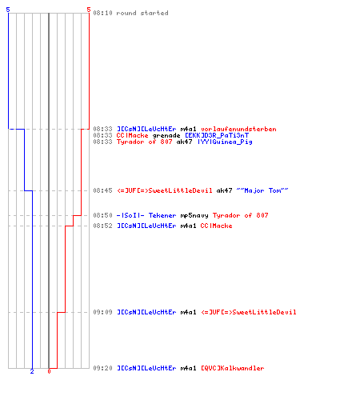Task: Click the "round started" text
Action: (x=142, y=13)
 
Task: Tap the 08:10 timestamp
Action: (x=102, y=13)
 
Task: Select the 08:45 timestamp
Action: (x=102, y=190)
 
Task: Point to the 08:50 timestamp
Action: (x=102, y=215)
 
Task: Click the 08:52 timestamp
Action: (x=102, y=226)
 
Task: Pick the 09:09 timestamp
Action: (x=102, y=312)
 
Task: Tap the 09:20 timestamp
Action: (x=102, y=368)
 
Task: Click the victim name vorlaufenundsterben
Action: (x=238, y=129)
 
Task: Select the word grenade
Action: (x=166, y=135)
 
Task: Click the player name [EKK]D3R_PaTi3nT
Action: (x=217, y=135)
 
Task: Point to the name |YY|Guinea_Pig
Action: (x=225, y=142)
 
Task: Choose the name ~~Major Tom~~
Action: (x=262, y=190)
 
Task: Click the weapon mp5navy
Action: (x=194, y=215)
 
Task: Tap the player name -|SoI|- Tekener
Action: (x=146, y=215)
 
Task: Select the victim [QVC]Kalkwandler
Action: (x=233, y=368)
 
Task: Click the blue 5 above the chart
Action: (x=8, y=10)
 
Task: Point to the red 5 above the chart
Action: (x=89, y=10)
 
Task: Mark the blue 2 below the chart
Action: (x=32, y=371)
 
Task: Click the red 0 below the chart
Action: (x=49, y=371)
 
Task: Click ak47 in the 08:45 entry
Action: (x=224, y=190)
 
